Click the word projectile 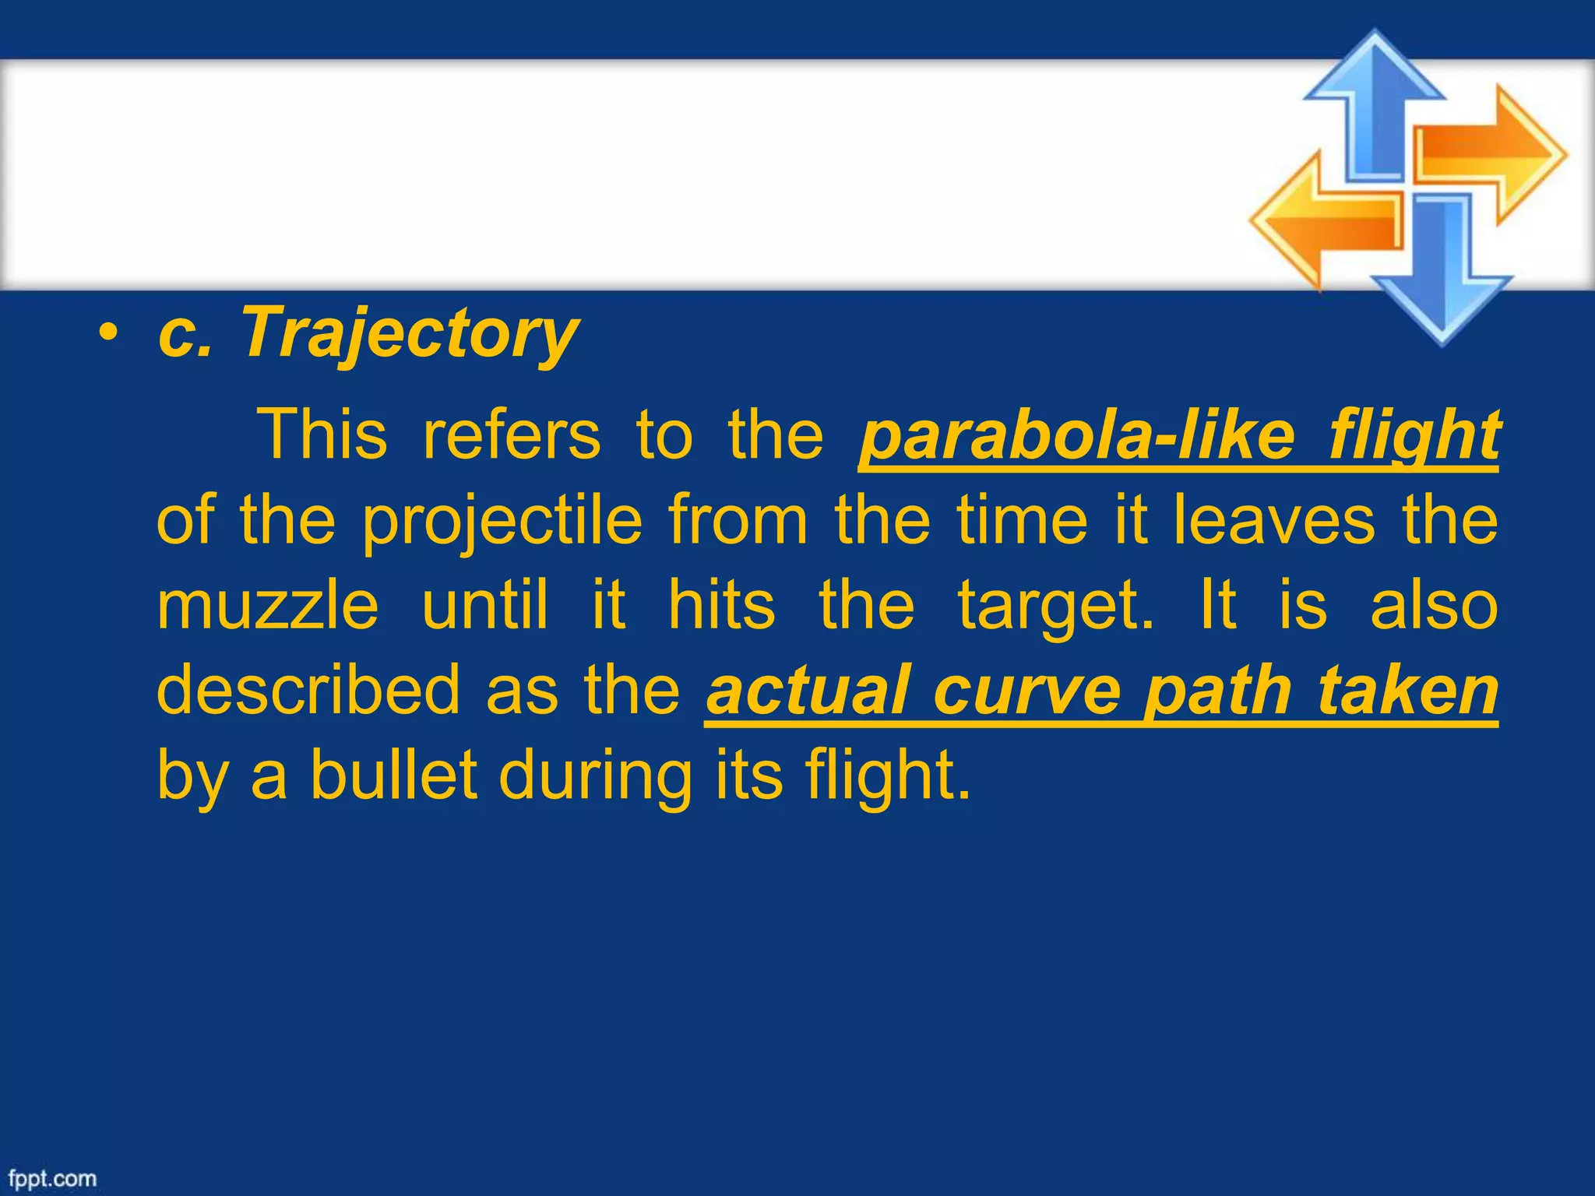click(x=502, y=522)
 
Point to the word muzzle click(x=268, y=606)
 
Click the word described click(x=308, y=691)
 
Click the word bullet click(x=393, y=776)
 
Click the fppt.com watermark click(x=52, y=1178)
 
